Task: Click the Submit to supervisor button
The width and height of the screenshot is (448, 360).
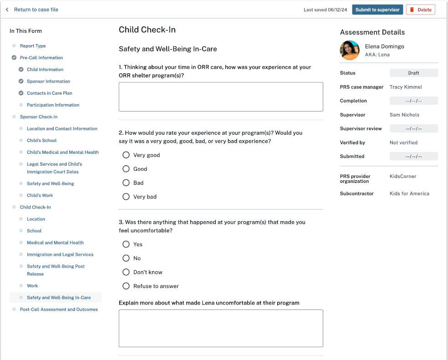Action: pyautogui.click(x=377, y=10)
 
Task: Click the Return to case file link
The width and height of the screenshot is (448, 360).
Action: pyautogui.click(x=36, y=10)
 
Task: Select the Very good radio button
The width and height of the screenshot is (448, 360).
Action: pyautogui.click(x=126, y=155)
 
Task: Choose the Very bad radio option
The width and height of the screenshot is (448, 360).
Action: pyautogui.click(x=126, y=197)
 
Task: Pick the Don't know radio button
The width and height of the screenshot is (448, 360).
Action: pyautogui.click(x=126, y=272)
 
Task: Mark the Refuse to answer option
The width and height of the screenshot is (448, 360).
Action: pyautogui.click(x=126, y=286)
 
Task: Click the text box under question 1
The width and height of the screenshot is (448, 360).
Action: pyautogui.click(x=221, y=97)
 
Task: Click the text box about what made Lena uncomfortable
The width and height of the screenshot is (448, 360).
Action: pyautogui.click(x=221, y=329)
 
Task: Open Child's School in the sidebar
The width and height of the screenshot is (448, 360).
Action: pyautogui.click(x=42, y=141)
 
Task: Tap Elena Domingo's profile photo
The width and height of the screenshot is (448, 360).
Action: pyautogui.click(x=350, y=51)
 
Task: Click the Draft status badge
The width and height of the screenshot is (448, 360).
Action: pyautogui.click(x=413, y=73)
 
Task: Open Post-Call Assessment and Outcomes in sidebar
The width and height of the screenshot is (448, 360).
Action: pyautogui.click(x=59, y=309)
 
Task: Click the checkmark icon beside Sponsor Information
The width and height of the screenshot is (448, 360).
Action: pyautogui.click(x=21, y=81)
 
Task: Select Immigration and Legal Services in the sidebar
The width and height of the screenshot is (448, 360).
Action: pyautogui.click(x=60, y=255)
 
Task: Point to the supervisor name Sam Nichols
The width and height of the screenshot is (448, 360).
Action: pyautogui.click(x=404, y=115)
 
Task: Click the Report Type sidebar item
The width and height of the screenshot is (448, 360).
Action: pyautogui.click(x=33, y=46)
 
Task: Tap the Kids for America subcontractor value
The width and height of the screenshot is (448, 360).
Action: pyautogui.click(x=409, y=193)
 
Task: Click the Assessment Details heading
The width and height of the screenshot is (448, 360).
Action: pyautogui.click(x=372, y=32)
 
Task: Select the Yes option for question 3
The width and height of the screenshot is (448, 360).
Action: pyautogui.click(x=126, y=244)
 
